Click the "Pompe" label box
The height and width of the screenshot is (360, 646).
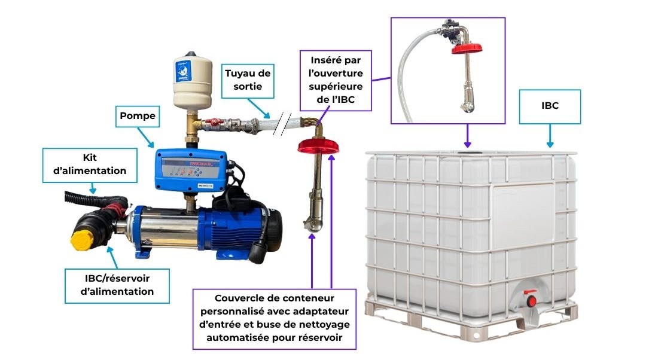point(137,116)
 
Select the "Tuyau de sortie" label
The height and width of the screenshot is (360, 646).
point(248,80)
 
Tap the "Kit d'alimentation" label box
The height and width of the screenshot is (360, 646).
point(90,165)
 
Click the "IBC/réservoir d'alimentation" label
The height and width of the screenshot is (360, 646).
point(117,285)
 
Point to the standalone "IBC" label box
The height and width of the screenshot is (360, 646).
point(550,106)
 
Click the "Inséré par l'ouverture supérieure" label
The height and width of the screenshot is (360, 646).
point(336,80)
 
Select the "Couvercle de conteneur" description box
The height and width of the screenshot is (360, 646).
point(275,318)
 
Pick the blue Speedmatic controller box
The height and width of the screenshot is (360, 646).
point(191,170)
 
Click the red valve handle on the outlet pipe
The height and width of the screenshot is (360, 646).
point(211,122)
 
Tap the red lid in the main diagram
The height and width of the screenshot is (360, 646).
point(318,146)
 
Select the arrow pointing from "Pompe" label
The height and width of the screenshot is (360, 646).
point(145,137)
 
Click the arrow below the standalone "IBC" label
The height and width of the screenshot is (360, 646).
point(550,136)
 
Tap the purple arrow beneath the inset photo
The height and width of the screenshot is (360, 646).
point(467,136)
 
